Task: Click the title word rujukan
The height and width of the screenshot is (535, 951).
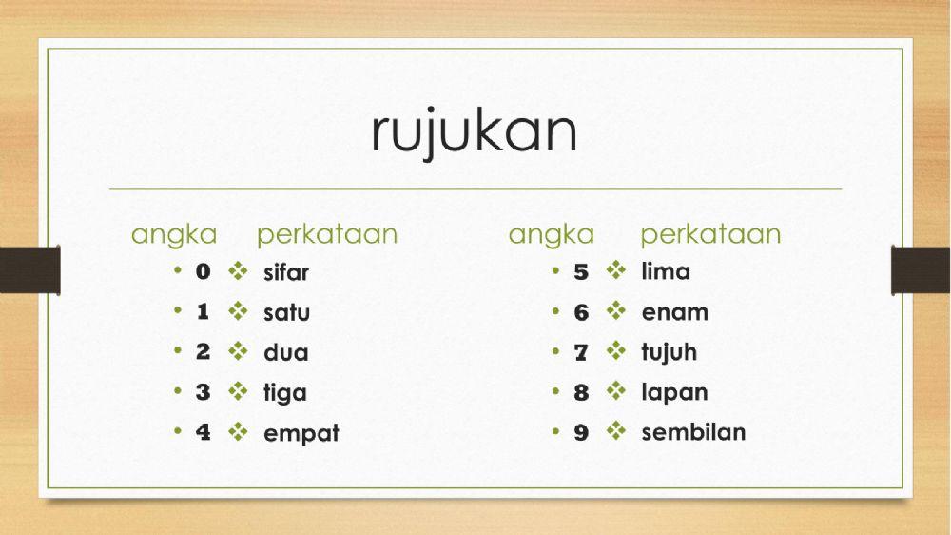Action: [x=474, y=133]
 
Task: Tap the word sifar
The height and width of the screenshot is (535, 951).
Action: [x=286, y=272]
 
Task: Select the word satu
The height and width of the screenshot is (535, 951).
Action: [x=286, y=312]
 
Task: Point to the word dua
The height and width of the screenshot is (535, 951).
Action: [x=286, y=352]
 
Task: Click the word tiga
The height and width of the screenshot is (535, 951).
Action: [x=285, y=392]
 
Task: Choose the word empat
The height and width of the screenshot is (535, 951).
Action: [x=301, y=433]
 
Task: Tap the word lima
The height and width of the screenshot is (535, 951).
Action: [x=666, y=271]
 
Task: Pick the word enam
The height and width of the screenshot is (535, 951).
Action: [x=674, y=312]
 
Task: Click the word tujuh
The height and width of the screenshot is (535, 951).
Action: [x=669, y=352]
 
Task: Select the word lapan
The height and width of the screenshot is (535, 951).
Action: [x=674, y=392]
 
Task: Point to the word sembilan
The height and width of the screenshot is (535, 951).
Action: [x=693, y=432]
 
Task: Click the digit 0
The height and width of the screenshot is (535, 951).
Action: [x=203, y=272]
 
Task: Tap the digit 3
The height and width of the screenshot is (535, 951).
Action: [x=203, y=392]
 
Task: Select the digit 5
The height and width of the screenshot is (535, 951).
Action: [x=581, y=272]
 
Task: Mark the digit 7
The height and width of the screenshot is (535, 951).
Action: [x=581, y=353]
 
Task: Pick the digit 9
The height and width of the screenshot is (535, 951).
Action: [x=581, y=433]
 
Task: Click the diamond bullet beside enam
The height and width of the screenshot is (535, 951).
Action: [x=616, y=311]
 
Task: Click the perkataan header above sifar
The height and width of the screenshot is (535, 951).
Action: [x=326, y=234]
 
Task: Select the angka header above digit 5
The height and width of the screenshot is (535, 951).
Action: [x=551, y=234]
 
